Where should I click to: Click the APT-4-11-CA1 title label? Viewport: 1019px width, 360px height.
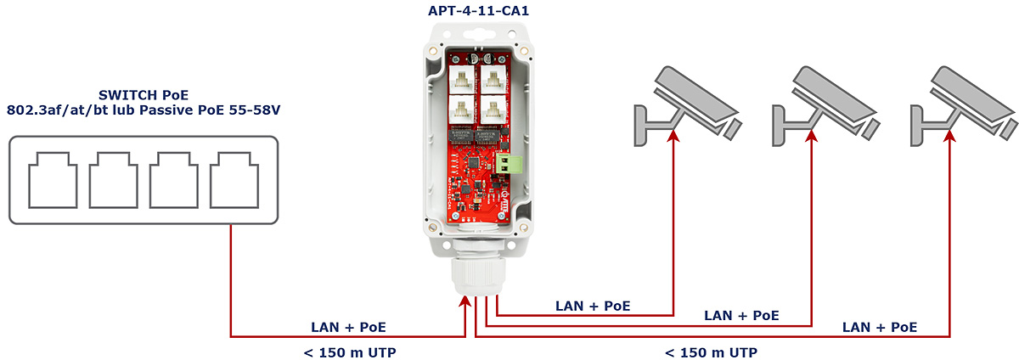(x=478, y=10)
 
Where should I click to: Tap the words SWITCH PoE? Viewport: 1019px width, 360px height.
(x=144, y=95)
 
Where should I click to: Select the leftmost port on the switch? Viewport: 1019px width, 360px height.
(x=53, y=180)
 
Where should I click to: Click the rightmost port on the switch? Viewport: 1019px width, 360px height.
(x=234, y=180)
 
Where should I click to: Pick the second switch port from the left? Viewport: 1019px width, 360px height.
(x=113, y=180)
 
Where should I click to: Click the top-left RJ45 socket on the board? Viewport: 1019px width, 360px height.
(x=462, y=80)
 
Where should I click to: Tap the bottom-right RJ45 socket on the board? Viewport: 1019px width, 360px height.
(x=493, y=110)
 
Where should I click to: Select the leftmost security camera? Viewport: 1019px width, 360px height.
(x=688, y=107)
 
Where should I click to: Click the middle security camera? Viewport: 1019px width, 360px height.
(x=826, y=107)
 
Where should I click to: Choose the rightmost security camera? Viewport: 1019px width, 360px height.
(x=965, y=107)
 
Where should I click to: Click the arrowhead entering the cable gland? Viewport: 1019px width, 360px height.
(x=465, y=301)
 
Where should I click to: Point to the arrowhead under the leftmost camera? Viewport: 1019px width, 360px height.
(x=673, y=136)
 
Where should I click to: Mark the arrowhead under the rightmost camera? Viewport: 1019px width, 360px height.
(x=949, y=136)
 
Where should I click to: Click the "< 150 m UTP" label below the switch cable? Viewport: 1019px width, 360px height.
(x=350, y=352)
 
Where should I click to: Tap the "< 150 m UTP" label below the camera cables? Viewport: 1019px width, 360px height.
(x=711, y=352)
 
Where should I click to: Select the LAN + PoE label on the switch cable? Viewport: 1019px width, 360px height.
(x=348, y=327)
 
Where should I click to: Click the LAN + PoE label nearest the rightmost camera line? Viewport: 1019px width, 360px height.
(x=880, y=327)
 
